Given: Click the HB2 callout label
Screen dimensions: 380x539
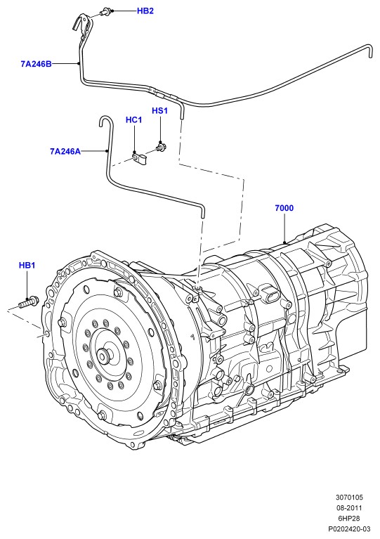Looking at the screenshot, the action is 145,11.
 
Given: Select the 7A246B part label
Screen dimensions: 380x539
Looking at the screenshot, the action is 36,63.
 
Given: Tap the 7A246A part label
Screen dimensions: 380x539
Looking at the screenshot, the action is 65,151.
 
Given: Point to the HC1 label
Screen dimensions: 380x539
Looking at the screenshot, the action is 133,119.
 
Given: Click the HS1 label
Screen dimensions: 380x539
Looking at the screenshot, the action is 159,111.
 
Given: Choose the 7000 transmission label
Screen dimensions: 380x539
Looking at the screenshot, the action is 284,208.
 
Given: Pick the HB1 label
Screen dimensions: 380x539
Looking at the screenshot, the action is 27,266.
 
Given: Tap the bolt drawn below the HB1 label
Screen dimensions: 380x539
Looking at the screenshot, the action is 28,302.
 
